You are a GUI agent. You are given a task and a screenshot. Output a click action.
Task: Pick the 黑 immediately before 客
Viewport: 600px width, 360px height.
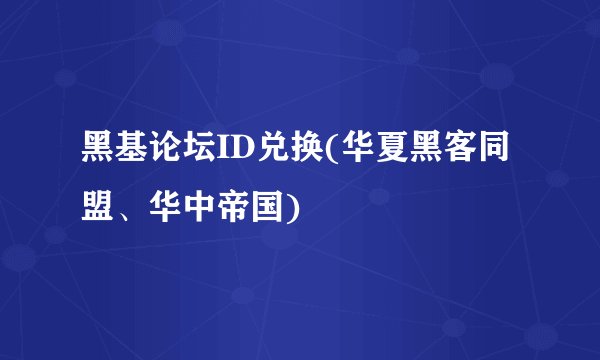coord(418,156)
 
